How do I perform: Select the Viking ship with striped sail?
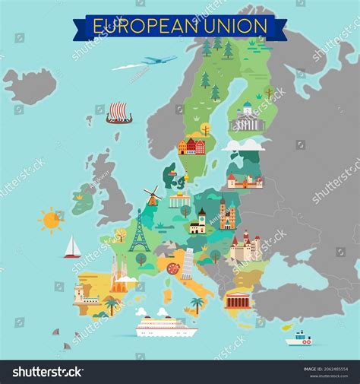(118, 113)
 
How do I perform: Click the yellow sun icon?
(51, 221)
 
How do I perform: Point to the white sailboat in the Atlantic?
(72, 247)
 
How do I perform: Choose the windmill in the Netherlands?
(152, 195)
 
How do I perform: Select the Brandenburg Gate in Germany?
(180, 200)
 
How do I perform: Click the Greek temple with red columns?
(237, 300)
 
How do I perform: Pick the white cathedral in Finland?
(246, 119)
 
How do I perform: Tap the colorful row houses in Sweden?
(191, 146)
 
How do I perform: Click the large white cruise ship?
(166, 327)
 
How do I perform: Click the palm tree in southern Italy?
(197, 304)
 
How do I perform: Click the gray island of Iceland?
(30, 85)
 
